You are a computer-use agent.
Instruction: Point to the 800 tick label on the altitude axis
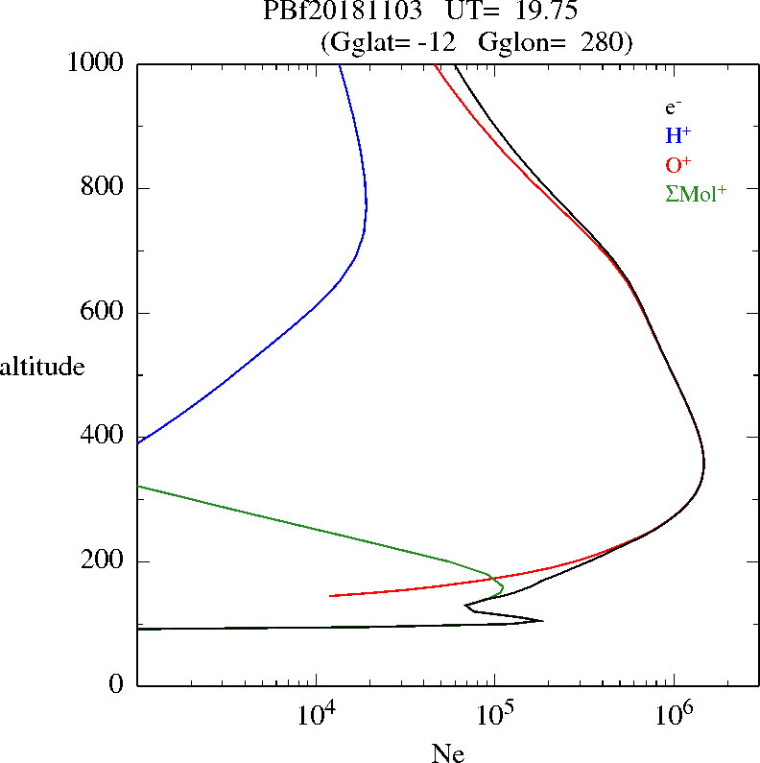pos(104,188)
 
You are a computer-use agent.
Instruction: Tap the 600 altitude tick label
pos(104,313)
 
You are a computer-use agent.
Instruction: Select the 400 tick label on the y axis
pos(104,437)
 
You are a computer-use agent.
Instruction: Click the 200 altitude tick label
pos(104,561)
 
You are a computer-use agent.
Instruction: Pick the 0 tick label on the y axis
pos(117,685)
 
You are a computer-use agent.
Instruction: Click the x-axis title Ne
pos(447,753)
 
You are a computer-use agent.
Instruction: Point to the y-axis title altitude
pos(42,367)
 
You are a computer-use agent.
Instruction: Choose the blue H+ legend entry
pos(677,135)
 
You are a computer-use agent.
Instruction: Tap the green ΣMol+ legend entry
pos(696,193)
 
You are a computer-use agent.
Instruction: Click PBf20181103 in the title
pos(342,13)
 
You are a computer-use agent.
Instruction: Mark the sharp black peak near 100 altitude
pos(542,621)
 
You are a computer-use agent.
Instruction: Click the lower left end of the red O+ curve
pos(331,596)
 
